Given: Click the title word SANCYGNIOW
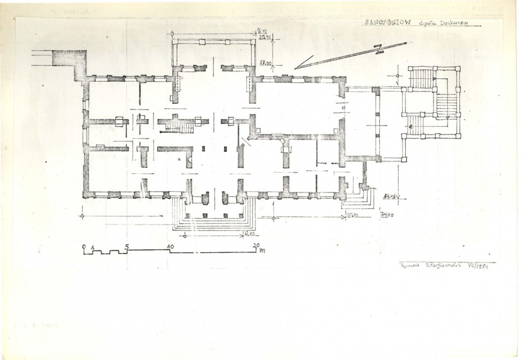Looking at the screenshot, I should click(386, 23).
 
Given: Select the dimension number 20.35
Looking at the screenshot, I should click(263, 38).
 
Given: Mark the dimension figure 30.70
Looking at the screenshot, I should click(351, 215).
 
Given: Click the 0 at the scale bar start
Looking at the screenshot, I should click(84, 246).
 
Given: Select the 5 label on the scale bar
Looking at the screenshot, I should click(126, 246).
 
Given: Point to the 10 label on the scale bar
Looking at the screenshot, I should click(170, 246).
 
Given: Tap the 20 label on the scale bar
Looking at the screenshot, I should click(256, 246).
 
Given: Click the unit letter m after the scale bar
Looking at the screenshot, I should click(263, 250).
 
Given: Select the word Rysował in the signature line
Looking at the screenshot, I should click(408, 266).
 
